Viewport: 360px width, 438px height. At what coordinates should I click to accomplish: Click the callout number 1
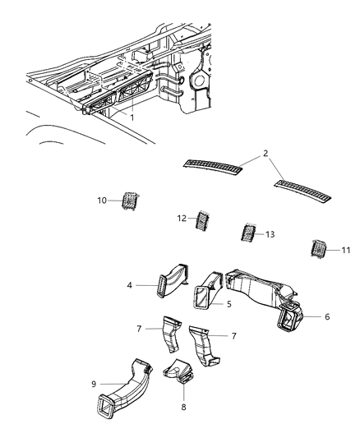pos(131,117)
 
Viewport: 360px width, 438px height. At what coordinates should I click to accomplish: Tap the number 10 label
pos(103,200)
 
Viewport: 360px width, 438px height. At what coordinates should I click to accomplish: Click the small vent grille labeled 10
pos(129,200)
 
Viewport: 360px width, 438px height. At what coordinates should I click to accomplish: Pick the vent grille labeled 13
pos(247,233)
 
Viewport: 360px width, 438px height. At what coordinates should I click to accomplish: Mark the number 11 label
pos(345,249)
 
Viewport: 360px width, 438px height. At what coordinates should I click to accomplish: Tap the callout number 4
pos(131,286)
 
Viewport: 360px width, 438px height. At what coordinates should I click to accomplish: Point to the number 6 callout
pos(327,316)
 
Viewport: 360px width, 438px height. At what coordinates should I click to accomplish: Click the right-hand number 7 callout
pos(234,336)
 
